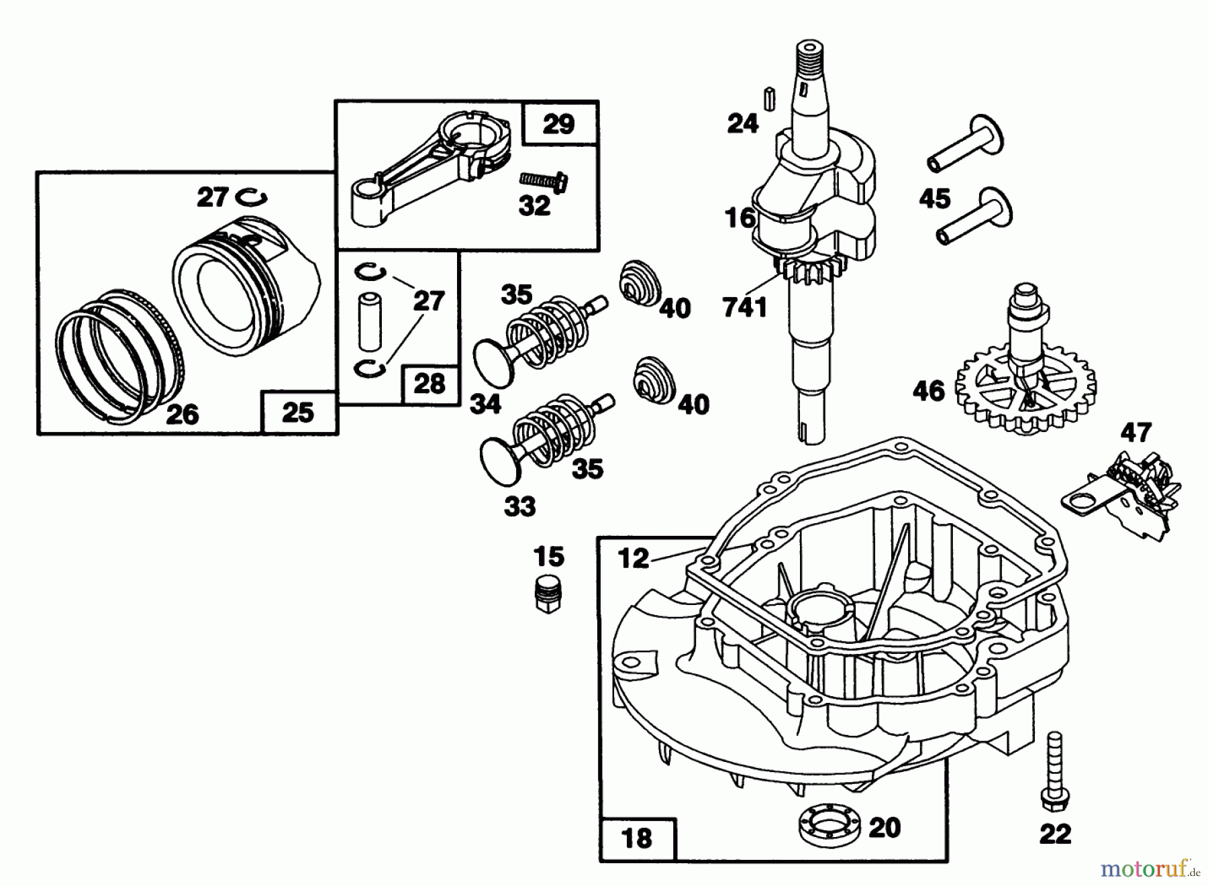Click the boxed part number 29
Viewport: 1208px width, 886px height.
558,124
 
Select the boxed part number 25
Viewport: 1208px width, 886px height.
297,412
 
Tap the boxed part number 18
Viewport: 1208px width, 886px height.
636,838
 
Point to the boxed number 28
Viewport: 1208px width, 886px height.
430,384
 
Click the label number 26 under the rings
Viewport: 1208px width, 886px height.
181,414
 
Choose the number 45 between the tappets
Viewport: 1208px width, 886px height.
936,199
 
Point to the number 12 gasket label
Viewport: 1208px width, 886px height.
634,557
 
